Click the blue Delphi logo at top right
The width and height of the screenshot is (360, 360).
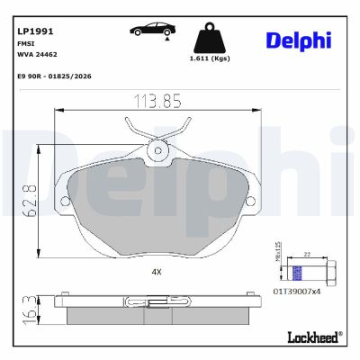(298, 39)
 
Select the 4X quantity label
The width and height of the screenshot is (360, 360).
(156, 270)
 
